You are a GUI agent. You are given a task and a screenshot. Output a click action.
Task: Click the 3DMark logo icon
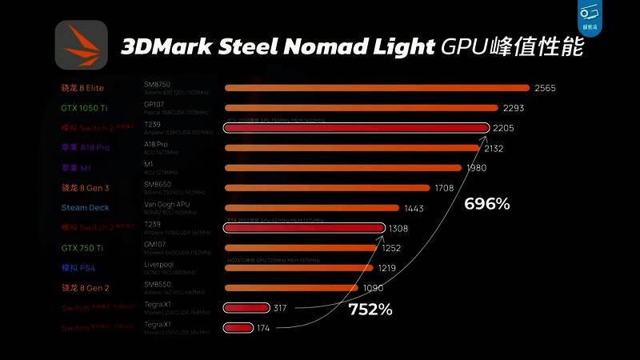pos(81,45)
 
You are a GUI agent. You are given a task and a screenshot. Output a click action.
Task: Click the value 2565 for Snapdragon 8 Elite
pos(546,88)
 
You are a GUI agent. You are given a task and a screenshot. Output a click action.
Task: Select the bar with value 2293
pos(359,108)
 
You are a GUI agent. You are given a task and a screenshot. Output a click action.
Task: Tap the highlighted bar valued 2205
pos(356,127)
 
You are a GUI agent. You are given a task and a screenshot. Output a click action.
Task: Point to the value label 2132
pos(494,148)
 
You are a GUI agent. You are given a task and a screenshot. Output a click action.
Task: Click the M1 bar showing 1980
pos(343,168)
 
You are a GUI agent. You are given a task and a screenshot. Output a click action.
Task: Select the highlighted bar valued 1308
pos(305,228)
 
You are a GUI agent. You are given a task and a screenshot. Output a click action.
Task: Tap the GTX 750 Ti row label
pos(82,248)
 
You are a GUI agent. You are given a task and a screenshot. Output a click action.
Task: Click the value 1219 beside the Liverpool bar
pos(387,268)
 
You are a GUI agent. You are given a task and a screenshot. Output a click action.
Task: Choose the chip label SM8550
pos(158,285)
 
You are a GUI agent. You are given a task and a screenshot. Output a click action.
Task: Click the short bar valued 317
pos(246,308)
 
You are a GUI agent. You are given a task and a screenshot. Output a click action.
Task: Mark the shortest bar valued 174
pos(238,327)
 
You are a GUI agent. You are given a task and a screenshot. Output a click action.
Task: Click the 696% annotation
pos(487,204)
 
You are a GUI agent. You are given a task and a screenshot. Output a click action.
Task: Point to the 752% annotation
pos(370,310)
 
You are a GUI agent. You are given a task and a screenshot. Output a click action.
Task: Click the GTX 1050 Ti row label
pos(85,107)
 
